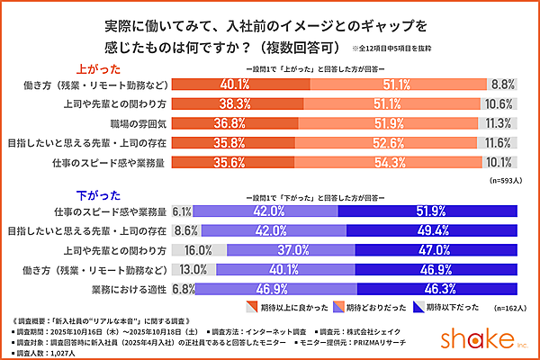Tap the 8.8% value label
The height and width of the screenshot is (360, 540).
[501, 84]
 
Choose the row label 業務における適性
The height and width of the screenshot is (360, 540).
[128, 289]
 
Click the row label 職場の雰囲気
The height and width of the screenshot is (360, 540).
[134, 122]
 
